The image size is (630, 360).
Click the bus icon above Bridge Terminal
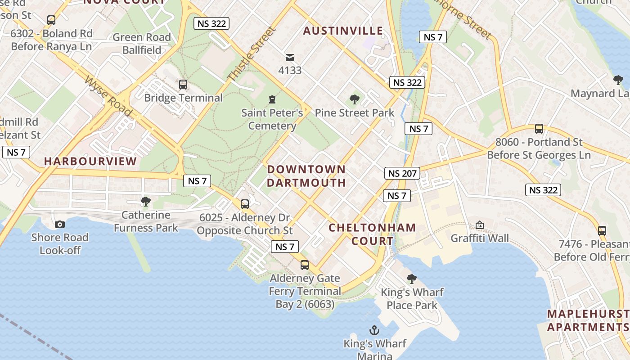coord(183,84)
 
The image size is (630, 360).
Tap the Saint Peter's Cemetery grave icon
coord(272,99)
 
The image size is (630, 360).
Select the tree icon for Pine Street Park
coord(355,99)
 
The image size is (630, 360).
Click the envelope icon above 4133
coord(290,57)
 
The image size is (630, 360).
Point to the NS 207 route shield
coord(402,173)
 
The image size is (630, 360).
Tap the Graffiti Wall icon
coord(480,225)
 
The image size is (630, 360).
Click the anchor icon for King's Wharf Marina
coord(374,331)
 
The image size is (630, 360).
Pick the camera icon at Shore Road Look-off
coord(59,224)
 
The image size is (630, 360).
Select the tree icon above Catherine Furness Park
coord(145,201)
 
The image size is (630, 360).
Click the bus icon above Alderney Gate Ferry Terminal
coord(305,265)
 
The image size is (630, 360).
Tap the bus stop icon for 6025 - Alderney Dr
coord(245,204)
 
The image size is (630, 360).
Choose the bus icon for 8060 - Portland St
coord(539,129)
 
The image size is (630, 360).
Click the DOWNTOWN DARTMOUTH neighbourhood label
coord(306,176)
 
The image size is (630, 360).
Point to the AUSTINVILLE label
coord(343,31)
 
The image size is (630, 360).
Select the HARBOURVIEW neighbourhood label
coord(90,161)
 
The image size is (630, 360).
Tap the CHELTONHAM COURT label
coord(372,234)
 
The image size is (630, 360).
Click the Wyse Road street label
coord(108,96)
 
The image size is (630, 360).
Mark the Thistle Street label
coord(252,54)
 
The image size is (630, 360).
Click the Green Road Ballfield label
coord(142,44)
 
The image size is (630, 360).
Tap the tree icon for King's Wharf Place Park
coord(411,279)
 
